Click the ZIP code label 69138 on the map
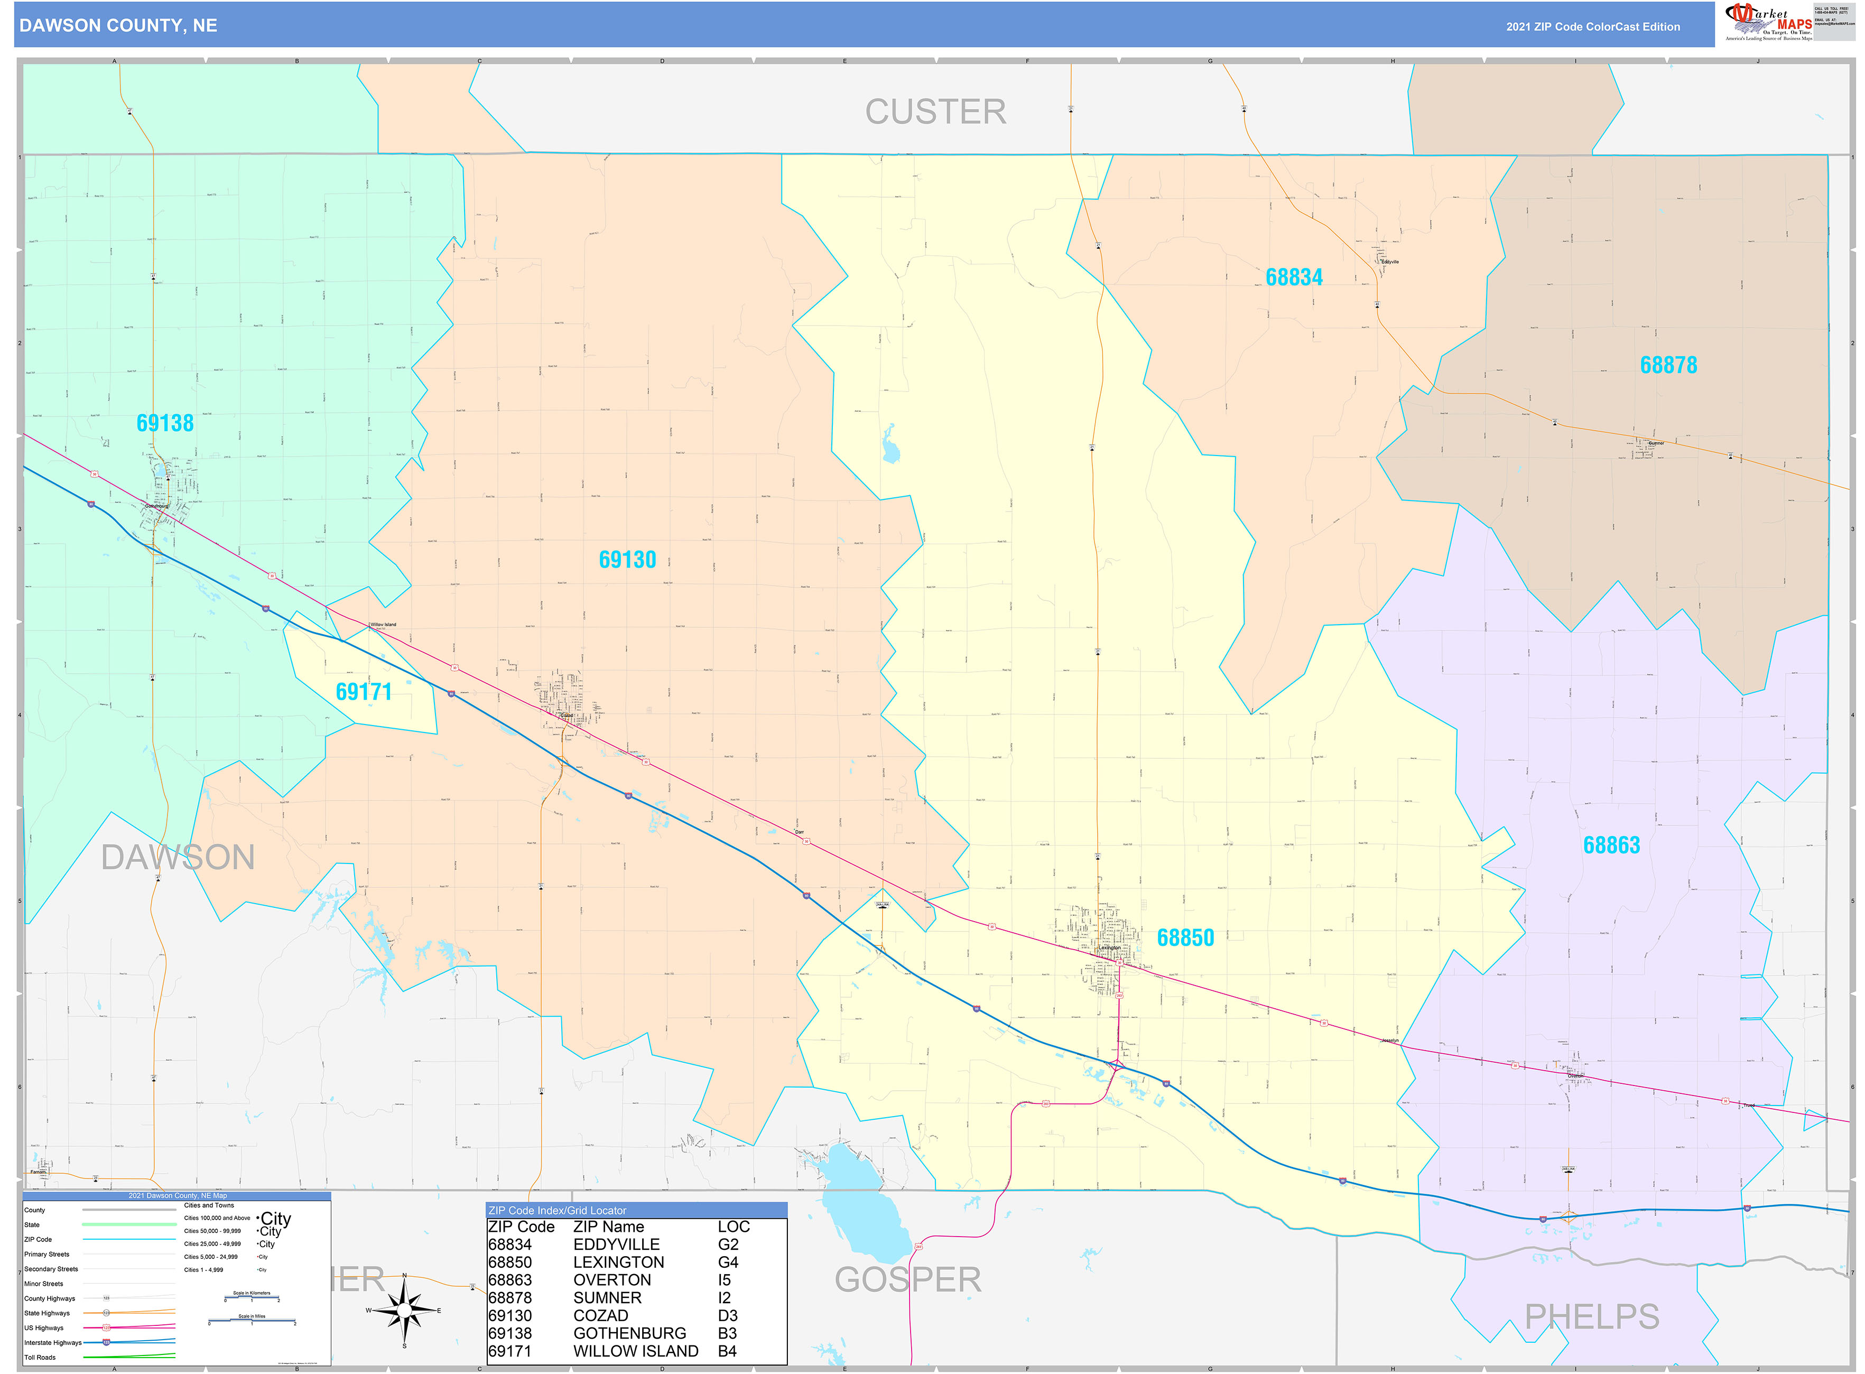point(165,423)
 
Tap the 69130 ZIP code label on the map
point(627,560)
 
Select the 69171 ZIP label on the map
point(364,692)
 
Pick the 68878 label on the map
point(1668,365)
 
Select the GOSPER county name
point(907,1280)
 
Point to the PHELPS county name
point(1591,1316)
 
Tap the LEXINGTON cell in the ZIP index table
point(618,1262)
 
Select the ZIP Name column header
point(608,1227)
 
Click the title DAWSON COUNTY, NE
point(118,26)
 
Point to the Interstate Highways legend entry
point(52,1342)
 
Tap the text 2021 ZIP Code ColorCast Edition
point(1592,26)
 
